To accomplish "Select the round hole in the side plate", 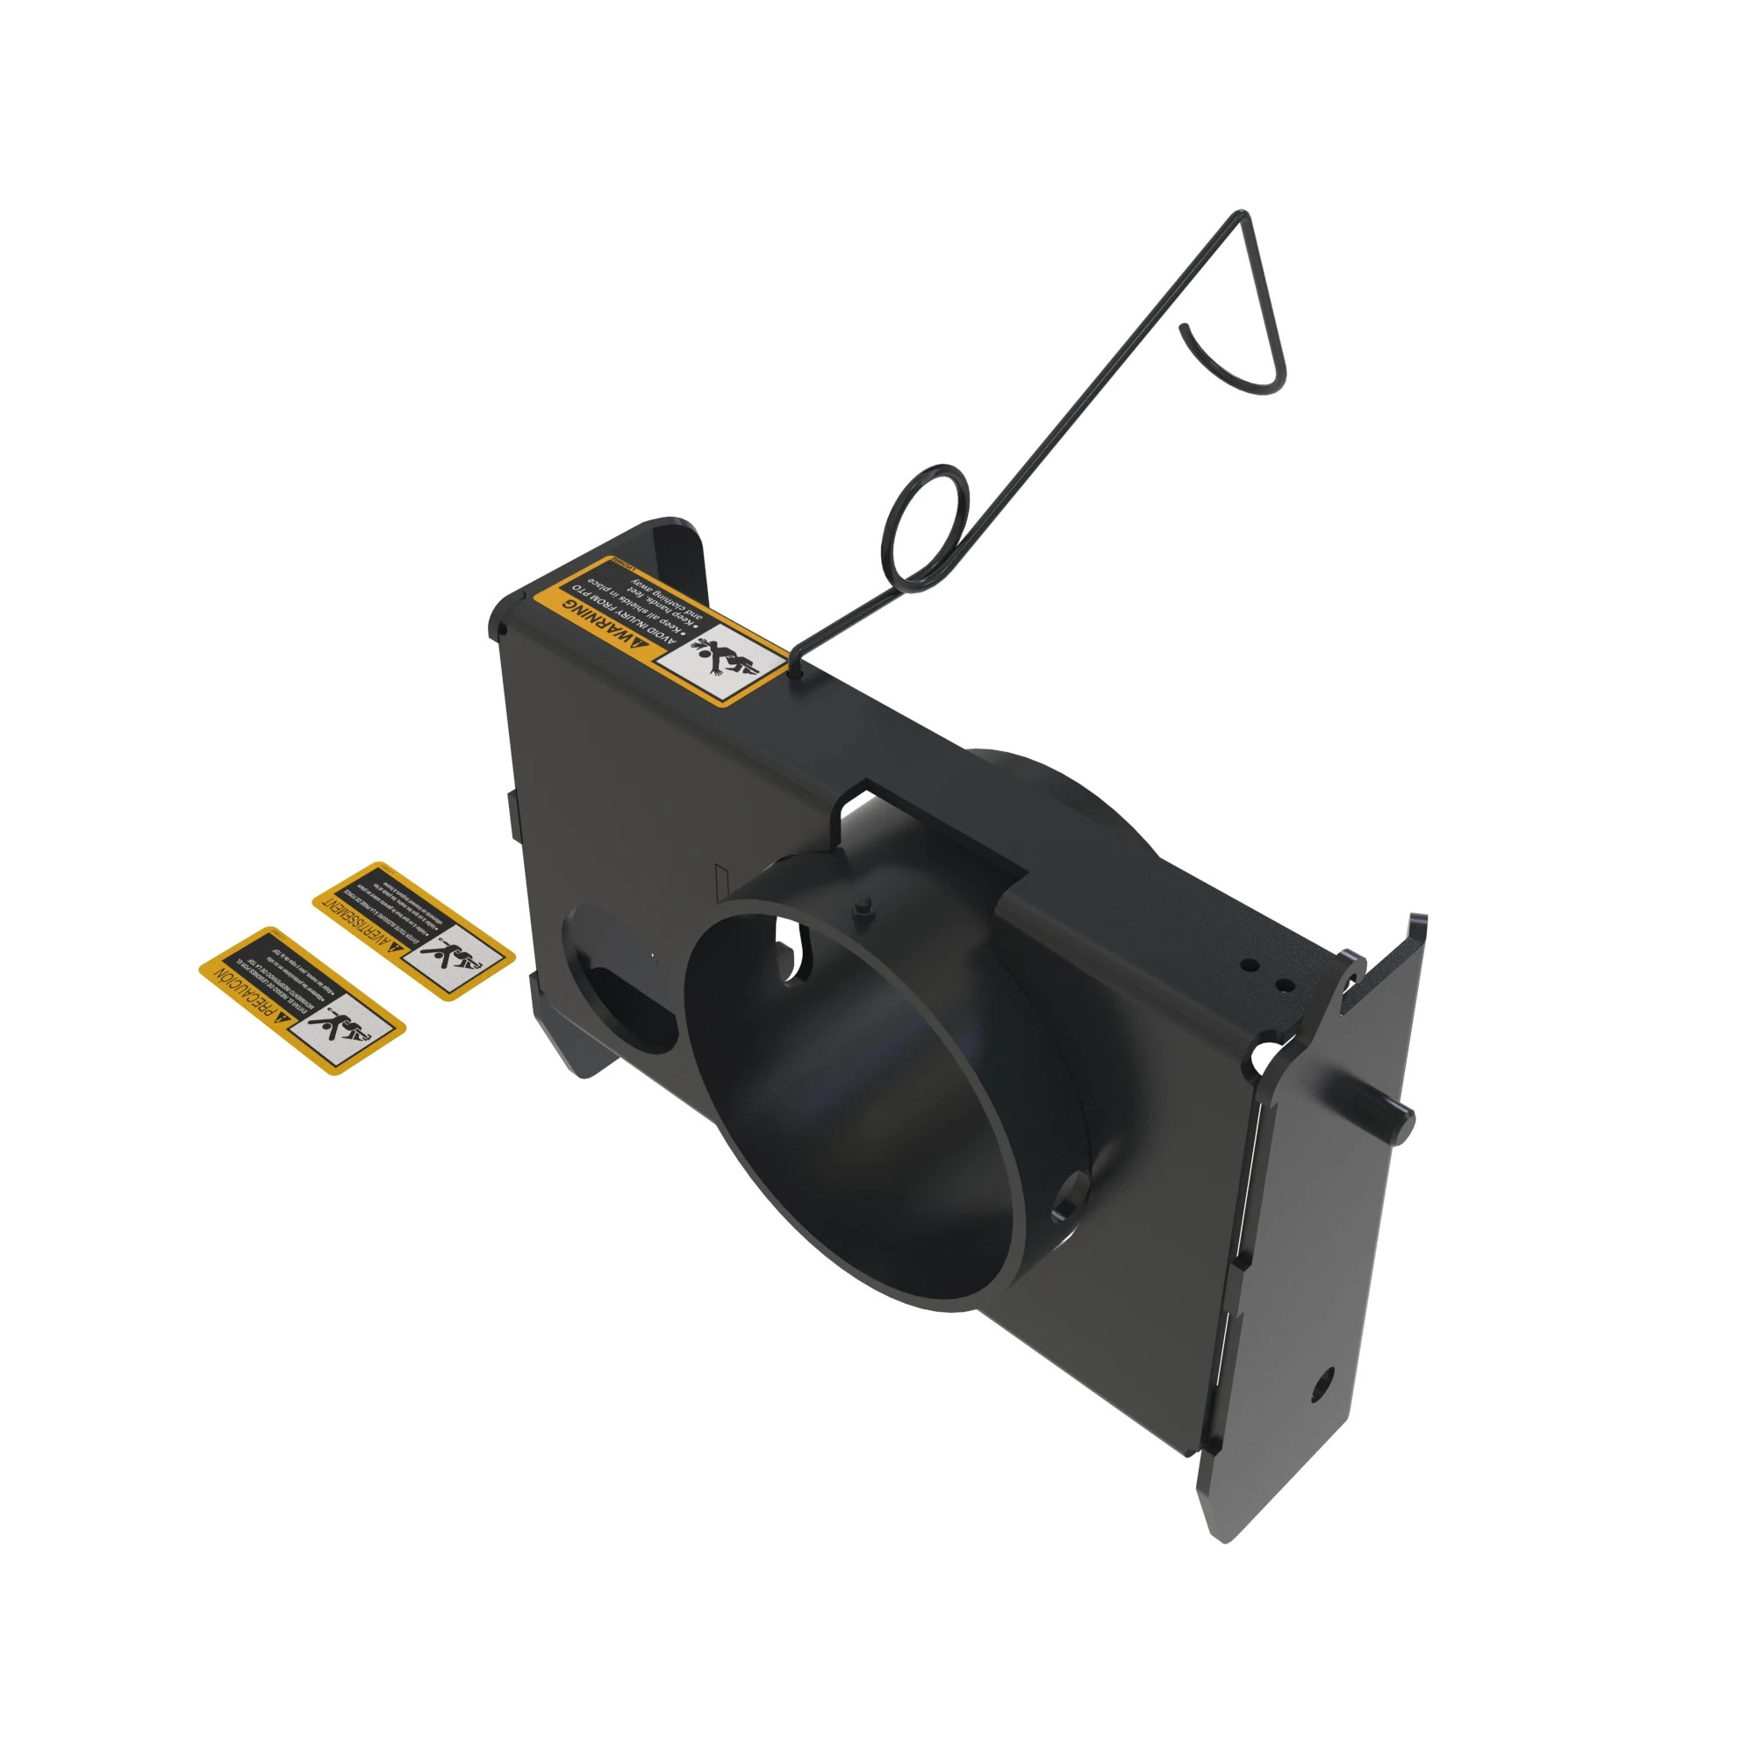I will pyautogui.click(x=1322, y=1385).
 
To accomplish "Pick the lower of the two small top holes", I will pyautogui.click(x=1283, y=984).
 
